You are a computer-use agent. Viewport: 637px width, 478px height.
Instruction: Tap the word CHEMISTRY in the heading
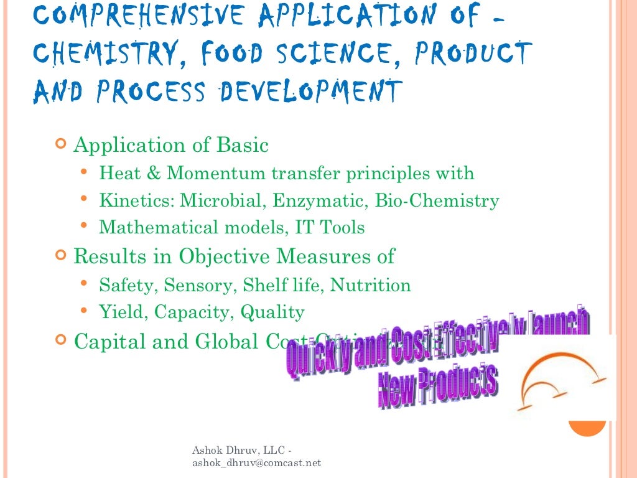click(x=103, y=54)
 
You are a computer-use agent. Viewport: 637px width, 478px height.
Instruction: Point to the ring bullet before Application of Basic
click(x=60, y=146)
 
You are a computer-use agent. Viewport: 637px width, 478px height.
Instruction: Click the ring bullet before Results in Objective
click(x=60, y=255)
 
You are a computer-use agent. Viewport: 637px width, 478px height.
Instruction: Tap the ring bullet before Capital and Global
click(x=60, y=340)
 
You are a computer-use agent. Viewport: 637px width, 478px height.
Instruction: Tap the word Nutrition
click(x=370, y=285)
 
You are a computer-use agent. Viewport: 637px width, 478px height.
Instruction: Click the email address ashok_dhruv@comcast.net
click(x=257, y=462)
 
